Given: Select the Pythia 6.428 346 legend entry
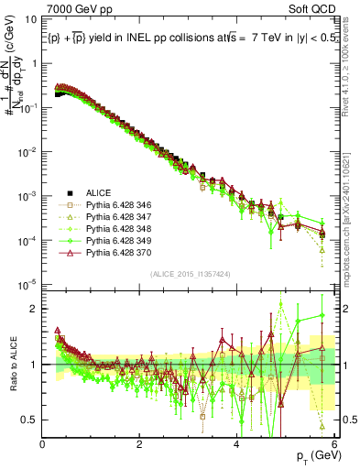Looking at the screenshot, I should coord(115,206).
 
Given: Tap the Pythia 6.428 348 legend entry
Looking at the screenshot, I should coord(115,233).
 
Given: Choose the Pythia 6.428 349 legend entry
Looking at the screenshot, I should coord(115,245).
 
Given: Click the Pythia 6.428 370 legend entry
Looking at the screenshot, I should coord(115,259).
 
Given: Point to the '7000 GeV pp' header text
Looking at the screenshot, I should coord(71,7).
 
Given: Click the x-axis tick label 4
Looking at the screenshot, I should coord(236,443).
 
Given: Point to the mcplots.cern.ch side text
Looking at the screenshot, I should coord(352,229).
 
